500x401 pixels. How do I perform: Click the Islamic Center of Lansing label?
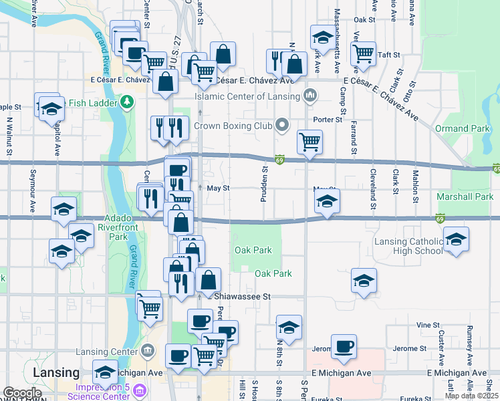(247, 96)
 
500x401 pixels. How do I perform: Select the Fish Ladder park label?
(92, 102)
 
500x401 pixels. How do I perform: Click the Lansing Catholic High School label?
(409, 246)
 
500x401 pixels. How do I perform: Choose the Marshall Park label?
(465, 197)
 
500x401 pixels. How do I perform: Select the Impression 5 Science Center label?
(102, 390)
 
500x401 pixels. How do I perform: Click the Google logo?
(22, 393)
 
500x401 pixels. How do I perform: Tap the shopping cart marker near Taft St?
(363, 53)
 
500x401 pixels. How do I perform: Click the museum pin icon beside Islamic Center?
(309, 96)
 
